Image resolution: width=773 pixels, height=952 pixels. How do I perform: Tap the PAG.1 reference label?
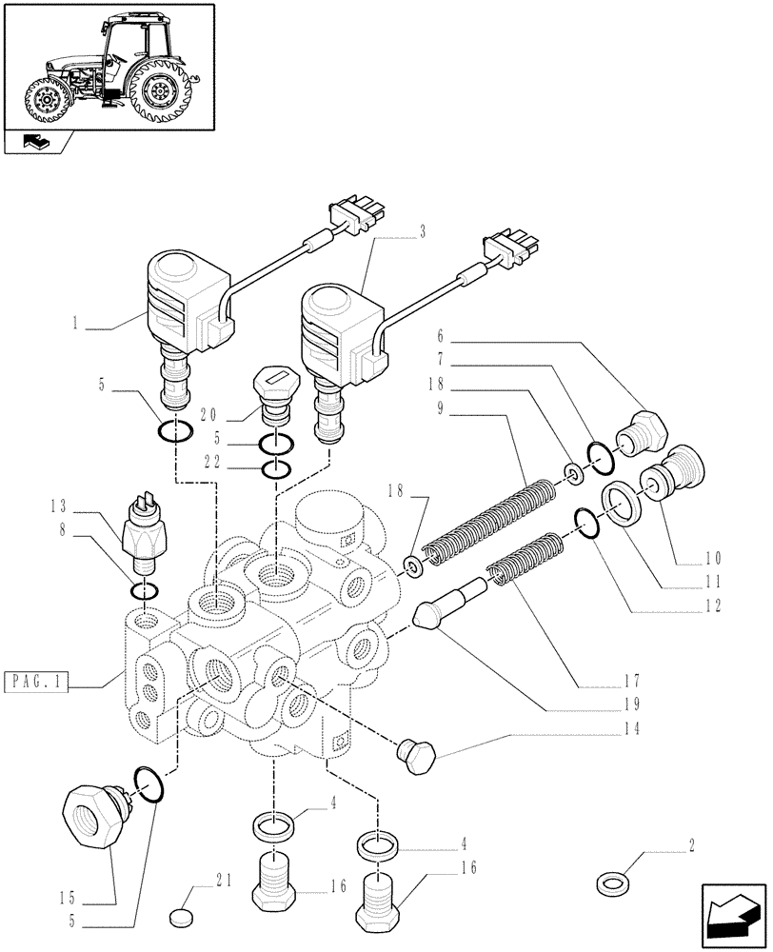(x=36, y=683)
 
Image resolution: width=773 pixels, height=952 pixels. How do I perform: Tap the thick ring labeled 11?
(x=623, y=500)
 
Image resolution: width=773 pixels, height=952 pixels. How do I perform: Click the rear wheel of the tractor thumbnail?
(x=159, y=92)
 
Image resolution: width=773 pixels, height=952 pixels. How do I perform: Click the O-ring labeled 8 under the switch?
(x=146, y=593)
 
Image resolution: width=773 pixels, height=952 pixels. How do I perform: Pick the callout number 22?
(x=215, y=461)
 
